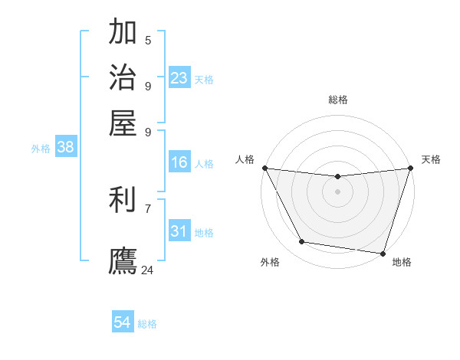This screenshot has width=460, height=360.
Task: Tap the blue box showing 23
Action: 179,78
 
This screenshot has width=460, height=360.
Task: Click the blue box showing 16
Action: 179,162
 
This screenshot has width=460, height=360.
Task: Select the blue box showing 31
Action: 179,231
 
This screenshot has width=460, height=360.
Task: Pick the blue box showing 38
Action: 65,148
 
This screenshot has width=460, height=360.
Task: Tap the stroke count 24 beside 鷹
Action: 147,270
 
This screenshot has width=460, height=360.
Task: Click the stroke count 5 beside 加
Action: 148,40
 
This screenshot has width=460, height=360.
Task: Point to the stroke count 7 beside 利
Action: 148,208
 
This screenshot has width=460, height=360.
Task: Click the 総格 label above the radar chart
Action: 338,100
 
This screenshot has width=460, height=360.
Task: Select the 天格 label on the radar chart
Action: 431,159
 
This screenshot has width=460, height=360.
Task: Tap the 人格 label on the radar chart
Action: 245,159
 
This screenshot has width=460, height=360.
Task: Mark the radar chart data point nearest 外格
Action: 302,242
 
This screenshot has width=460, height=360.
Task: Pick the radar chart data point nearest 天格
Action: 410,168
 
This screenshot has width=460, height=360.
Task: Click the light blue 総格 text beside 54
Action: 147,324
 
